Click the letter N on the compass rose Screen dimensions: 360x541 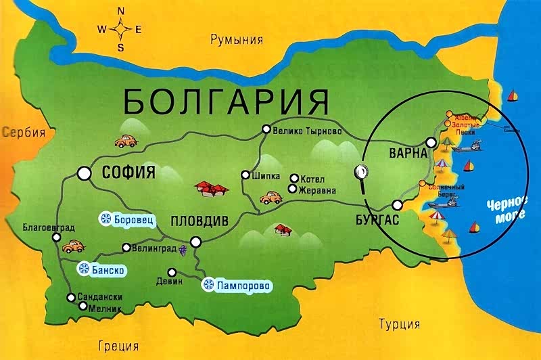pos(121,11)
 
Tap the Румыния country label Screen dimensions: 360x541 pos(236,39)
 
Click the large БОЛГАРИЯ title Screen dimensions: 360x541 pos(226,101)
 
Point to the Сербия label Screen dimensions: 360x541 pos(23,132)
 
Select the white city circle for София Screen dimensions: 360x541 pos(85,173)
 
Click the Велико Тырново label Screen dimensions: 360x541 pos(306,130)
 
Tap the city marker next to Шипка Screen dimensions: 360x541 pos(245,175)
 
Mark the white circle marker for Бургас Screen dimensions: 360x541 pos(398,205)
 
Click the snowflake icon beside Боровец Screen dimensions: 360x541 pos(105,218)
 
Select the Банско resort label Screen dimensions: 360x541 pos(108,269)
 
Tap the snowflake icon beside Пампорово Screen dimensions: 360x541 pos(210,286)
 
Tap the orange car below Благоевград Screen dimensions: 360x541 pos(72,246)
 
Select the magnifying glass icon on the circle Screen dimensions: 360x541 pos(362,173)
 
